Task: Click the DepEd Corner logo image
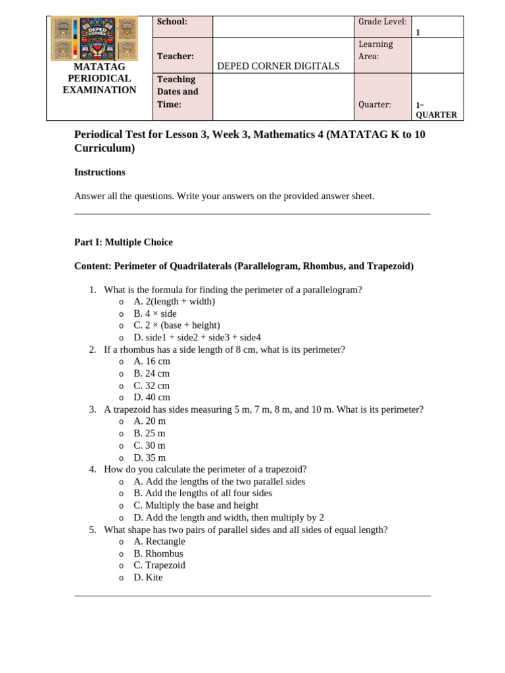(94, 39)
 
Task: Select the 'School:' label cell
(172, 22)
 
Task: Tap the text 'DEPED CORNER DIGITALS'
(278, 66)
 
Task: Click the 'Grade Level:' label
(382, 22)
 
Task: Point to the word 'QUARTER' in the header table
(436, 114)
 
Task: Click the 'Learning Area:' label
(375, 50)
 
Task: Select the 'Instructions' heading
(100, 172)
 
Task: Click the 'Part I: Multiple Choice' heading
(124, 242)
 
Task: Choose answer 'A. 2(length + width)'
(174, 302)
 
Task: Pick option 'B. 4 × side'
(155, 313)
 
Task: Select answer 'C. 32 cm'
(152, 386)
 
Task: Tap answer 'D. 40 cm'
(152, 398)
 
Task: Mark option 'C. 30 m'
(150, 446)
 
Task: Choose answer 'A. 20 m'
(150, 421)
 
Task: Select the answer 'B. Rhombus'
(158, 553)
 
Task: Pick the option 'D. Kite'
(148, 578)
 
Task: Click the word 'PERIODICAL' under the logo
(99, 78)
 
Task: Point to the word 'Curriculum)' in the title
(105, 149)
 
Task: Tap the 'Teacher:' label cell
(175, 57)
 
